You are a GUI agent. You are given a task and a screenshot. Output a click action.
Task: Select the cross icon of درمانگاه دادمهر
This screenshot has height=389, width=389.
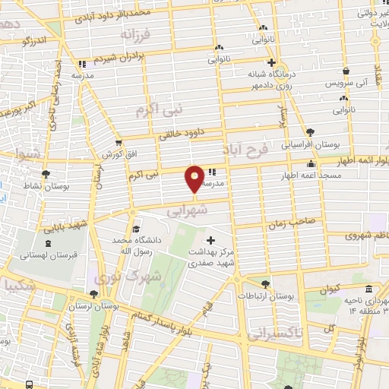coord(271,63)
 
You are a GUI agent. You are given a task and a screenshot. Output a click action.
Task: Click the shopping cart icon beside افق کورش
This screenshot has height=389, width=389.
coord(118,142)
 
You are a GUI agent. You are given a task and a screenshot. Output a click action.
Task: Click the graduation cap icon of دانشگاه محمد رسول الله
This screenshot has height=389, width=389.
coord(135,229)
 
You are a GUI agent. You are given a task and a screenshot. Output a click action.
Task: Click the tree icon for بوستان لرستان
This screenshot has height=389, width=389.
coord(93,293)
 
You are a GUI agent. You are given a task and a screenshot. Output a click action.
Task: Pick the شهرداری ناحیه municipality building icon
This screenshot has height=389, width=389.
coord(368,289)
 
